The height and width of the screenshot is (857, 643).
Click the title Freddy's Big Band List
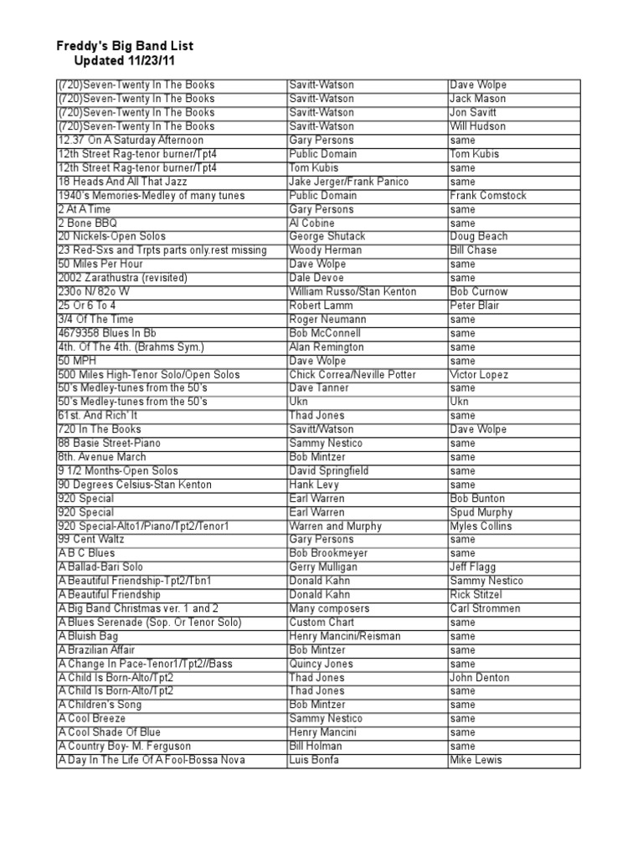(125, 46)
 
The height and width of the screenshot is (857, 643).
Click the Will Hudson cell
(477, 126)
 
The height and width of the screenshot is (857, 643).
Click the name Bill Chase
(473, 250)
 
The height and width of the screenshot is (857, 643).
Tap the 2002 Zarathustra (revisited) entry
(122, 278)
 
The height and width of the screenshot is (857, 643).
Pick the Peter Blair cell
(476, 305)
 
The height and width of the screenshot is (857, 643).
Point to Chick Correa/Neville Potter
(352, 374)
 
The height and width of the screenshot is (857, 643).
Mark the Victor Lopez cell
(479, 374)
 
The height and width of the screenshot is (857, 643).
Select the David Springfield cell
(332, 470)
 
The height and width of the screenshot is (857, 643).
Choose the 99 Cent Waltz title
(96, 540)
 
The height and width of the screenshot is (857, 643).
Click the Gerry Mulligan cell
(323, 567)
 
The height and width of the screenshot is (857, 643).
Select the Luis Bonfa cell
(315, 760)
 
